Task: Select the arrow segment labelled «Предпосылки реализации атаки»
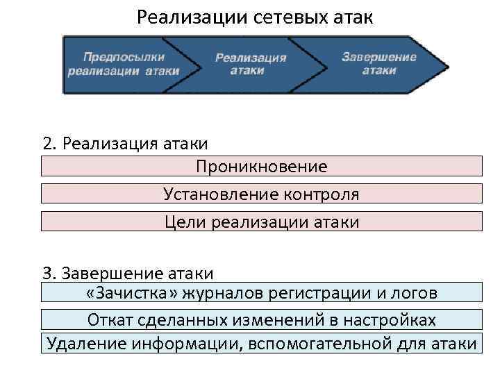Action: click(123, 64)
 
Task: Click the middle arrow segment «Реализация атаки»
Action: click(250, 64)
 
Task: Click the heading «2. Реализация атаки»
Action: click(125, 144)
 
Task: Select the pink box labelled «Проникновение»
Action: click(261, 167)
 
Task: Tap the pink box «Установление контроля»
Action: click(261, 194)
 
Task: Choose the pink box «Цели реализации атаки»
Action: click(261, 222)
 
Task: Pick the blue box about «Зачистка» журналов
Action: click(261, 292)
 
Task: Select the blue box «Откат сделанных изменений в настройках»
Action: click(261, 319)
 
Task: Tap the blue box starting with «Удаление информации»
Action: click(261, 344)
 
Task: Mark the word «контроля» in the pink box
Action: click(322, 194)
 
